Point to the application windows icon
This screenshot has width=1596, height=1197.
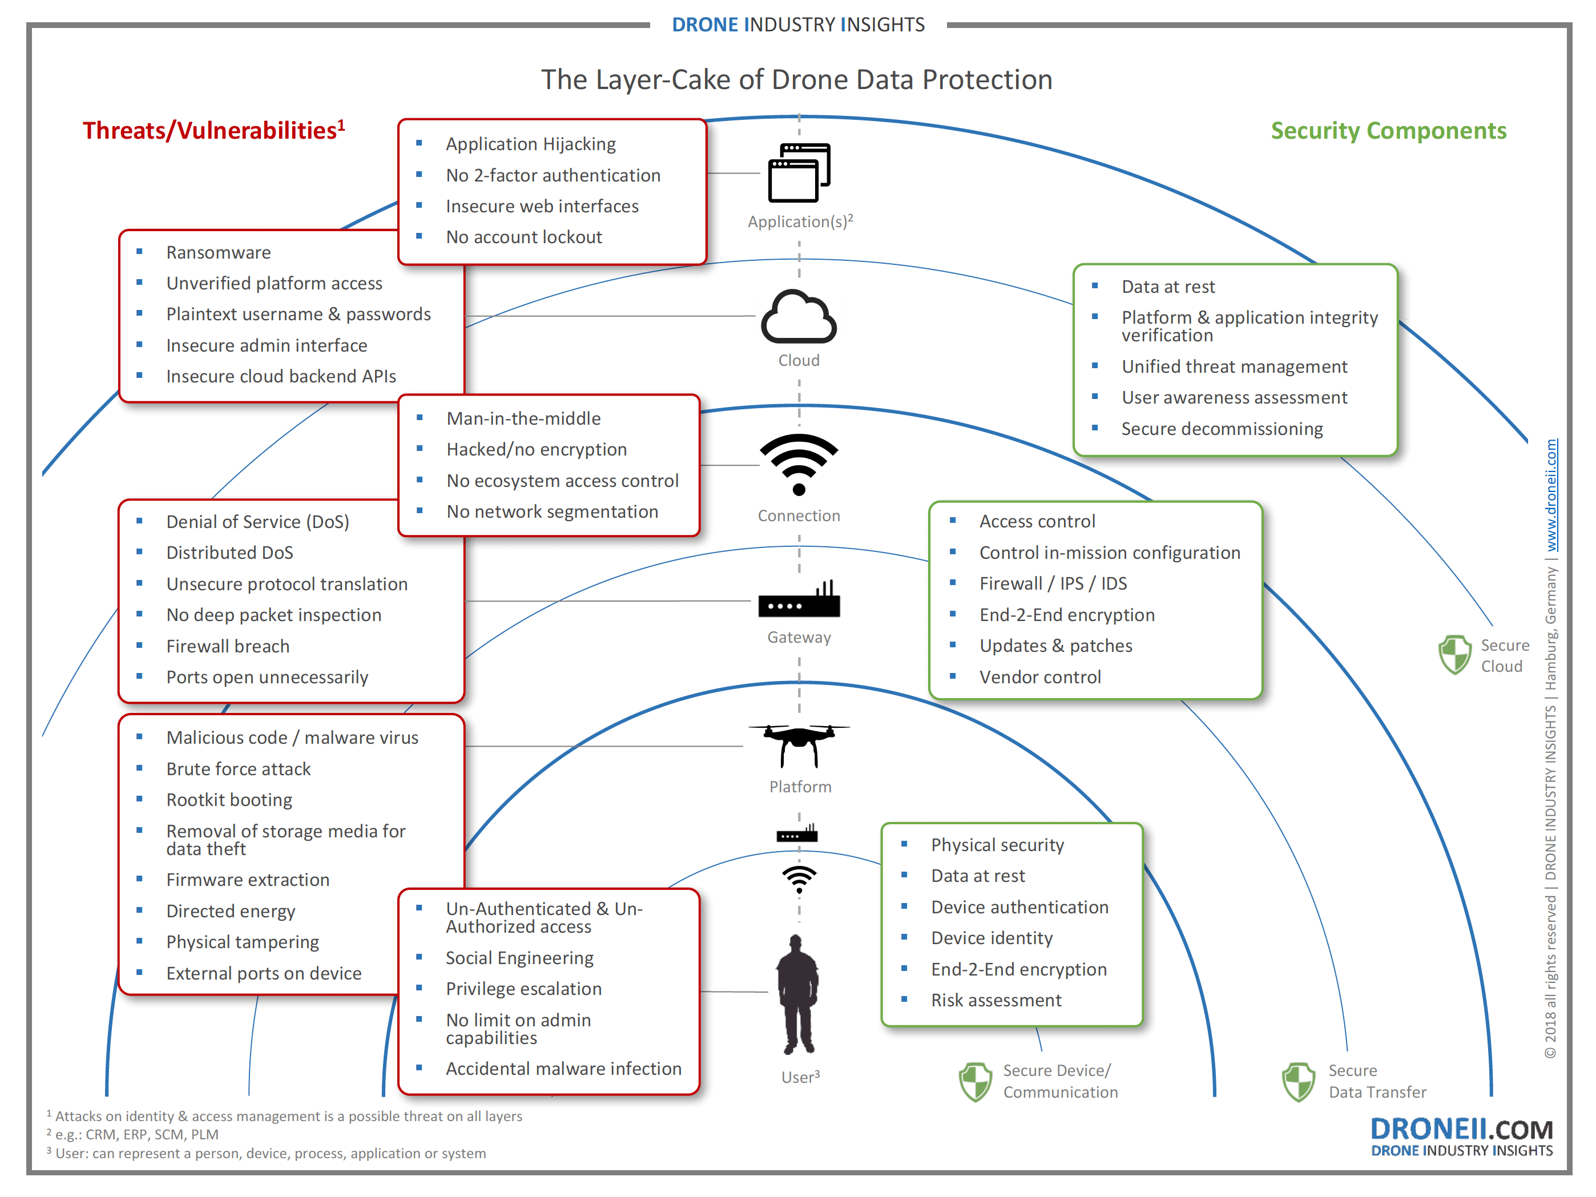pyautogui.click(x=799, y=173)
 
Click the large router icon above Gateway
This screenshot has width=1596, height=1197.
pyautogui.click(x=799, y=600)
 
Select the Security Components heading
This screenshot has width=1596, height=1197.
pyautogui.click(x=1388, y=131)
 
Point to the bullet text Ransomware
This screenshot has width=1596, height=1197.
pyautogui.click(x=219, y=252)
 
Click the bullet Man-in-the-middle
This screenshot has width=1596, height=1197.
pyautogui.click(x=523, y=418)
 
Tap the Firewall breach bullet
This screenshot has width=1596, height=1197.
pyautogui.click(x=227, y=647)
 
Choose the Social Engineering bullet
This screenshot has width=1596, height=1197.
pyautogui.click(x=519, y=958)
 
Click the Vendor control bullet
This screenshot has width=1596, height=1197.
pyautogui.click(x=1039, y=678)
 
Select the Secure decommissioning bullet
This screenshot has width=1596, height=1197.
pyautogui.click(x=1222, y=429)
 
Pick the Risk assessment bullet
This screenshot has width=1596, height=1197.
pyautogui.click(x=996, y=1001)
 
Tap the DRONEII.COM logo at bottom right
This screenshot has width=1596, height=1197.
pyautogui.click(x=1461, y=1136)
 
